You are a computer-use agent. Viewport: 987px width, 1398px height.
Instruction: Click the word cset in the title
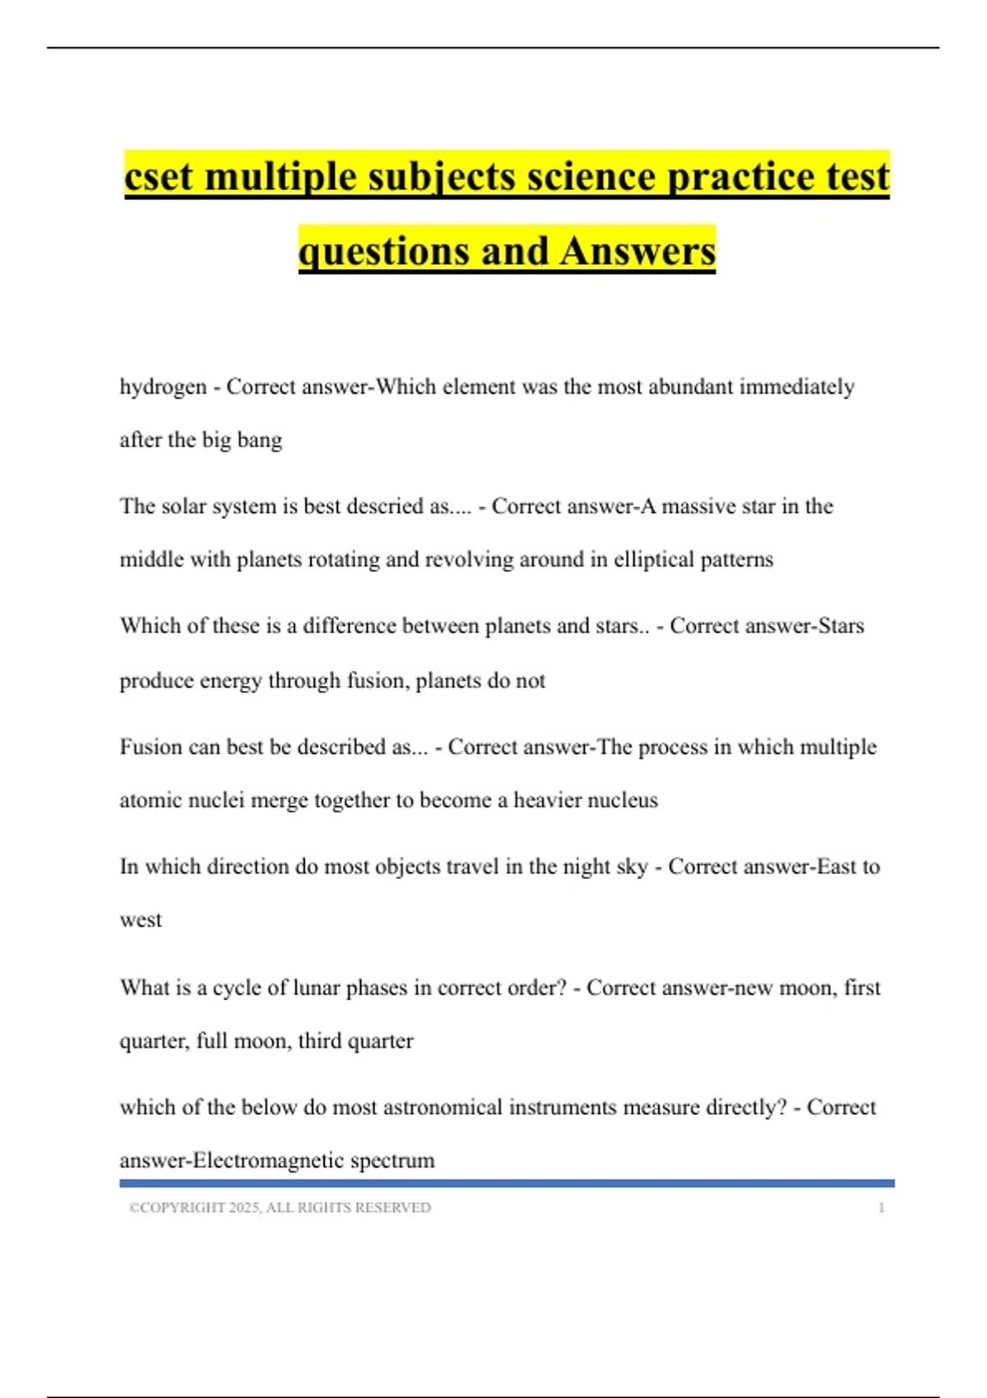point(160,177)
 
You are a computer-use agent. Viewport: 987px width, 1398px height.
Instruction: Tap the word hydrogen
point(163,387)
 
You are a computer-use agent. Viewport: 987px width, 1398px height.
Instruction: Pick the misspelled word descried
point(384,507)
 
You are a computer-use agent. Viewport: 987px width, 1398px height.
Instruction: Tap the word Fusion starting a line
point(149,748)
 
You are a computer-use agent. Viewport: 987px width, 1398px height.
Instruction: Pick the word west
point(141,920)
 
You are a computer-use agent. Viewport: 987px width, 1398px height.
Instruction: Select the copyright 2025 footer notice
point(280,1208)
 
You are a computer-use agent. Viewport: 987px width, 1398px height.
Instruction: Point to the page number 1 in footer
point(881,1208)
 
